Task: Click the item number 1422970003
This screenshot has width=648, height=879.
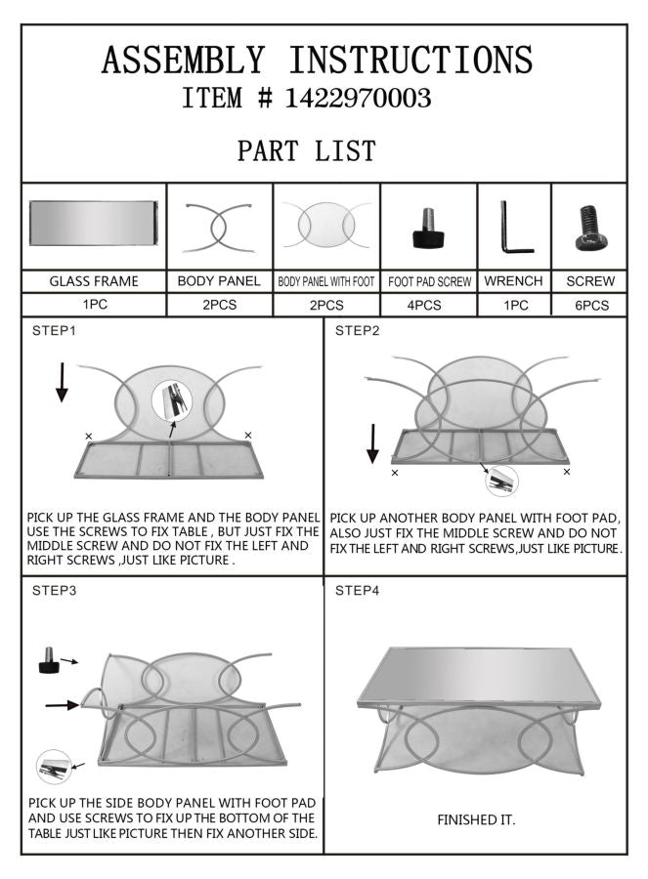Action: pyautogui.click(x=358, y=98)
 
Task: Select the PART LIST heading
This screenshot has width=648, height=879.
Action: pyautogui.click(x=306, y=150)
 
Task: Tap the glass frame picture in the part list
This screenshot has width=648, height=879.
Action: pyautogui.click(x=93, y=223)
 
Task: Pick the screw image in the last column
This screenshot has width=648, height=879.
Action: pyautogui.click(x=589, y=228)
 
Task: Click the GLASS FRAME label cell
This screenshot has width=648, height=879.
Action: pyautogui.click(x=94, y=281)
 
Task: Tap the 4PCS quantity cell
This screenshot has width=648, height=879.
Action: pyautogui.click(x=424, y=306)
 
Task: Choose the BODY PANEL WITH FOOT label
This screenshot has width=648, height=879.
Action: pyautogui.click(x=326, y=282)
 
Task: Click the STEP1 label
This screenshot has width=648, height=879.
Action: pyautogui.click(x=54, y=331)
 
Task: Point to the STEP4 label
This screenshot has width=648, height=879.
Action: pyautogui.click(x=358, y=590)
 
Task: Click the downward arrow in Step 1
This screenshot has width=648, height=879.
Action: pyautogui.click(x=62, y=382)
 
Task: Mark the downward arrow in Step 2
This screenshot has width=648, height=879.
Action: pyautogui.click(x=372, y=443)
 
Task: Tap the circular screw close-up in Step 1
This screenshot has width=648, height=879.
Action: pyautogui.click(x=172, y=400)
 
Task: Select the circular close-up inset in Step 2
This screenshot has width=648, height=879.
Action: pyautogui.click(x=501, y=481)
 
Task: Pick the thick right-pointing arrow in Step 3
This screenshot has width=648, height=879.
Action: pyautogui.click(x=63, y=704)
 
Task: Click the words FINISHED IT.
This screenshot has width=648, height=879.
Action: pyautogui.click(x=476, y=820)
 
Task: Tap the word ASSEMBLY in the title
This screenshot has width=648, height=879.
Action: pyautogui.click(x=183, y=61)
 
